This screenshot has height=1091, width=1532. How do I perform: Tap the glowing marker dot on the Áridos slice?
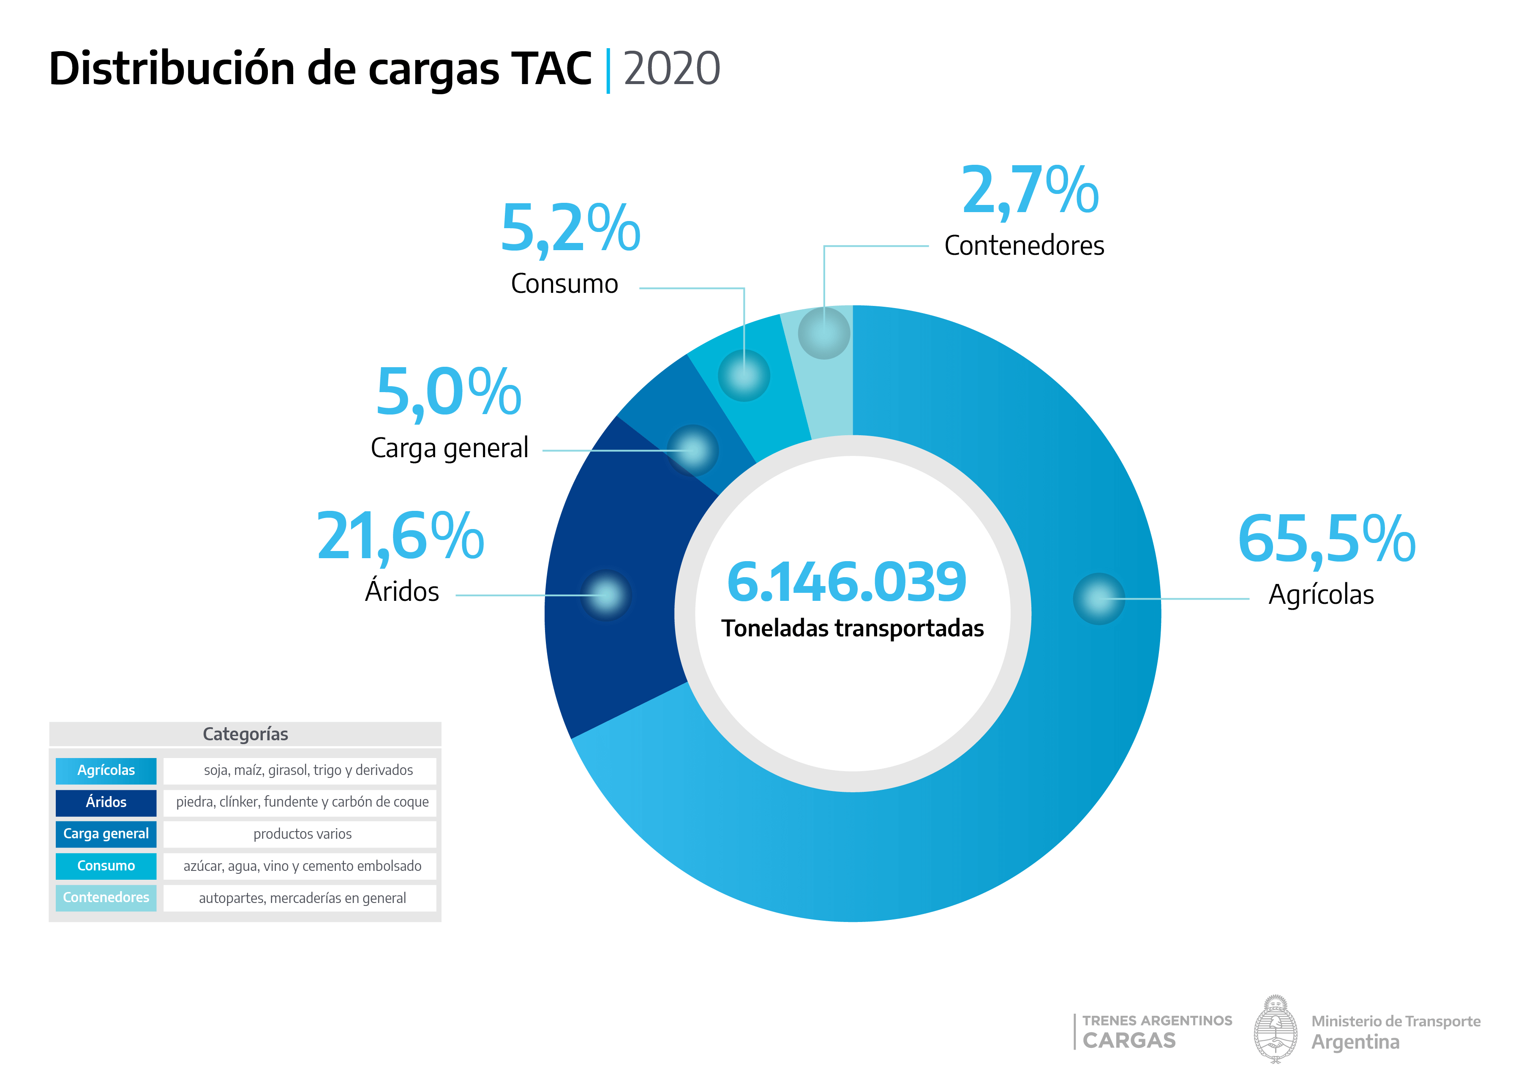point(606,595)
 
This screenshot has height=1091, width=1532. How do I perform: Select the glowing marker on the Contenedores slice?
point(824,333)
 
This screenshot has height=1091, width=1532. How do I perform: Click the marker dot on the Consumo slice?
point(744,376)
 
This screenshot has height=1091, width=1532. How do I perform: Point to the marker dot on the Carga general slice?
point(692,450)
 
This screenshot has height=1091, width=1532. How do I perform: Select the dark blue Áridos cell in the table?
point(106,802)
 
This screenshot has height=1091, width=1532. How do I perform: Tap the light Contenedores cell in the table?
point(106,897)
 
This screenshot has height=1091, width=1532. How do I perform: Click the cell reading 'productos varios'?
point(302,834)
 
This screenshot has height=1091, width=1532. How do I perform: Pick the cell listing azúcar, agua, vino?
point(302,866)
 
